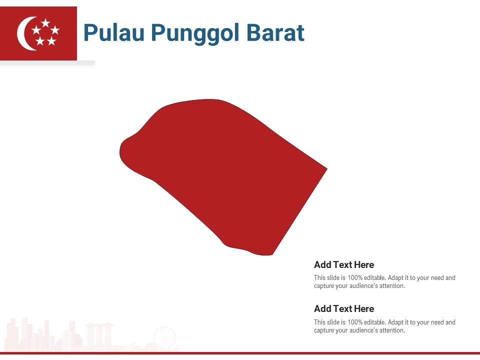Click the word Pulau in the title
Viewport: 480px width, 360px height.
click(112, 33)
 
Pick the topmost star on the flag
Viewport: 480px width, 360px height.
click(45, 23)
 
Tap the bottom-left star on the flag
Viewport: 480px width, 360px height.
click(40, 41)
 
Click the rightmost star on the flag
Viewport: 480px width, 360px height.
click(55, 30)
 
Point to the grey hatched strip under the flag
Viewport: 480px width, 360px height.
click(47, 63)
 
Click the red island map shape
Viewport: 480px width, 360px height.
click(225, 170)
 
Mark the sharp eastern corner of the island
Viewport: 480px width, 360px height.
click(325, 169)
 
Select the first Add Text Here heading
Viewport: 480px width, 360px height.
click(344, 265)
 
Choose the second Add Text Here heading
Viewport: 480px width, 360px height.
click(344, 309)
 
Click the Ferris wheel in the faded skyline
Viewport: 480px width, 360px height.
click(164, 337)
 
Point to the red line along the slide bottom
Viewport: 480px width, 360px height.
click(240, 353)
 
